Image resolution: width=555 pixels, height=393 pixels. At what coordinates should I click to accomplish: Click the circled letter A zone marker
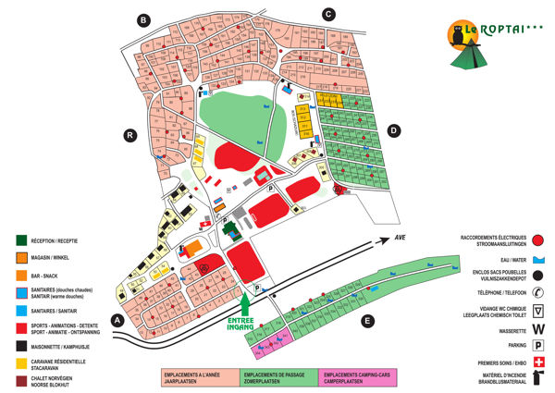click(x=117, y=320)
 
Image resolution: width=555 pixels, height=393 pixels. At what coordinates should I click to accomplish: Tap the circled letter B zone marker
click(x=142, y=19)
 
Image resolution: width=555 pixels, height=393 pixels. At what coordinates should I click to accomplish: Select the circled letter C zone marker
click(x=327, y=13)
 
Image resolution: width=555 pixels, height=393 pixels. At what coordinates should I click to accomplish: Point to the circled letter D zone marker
click(x=394, y=131)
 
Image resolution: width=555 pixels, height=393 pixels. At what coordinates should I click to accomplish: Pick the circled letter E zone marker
click(x=368, y=321)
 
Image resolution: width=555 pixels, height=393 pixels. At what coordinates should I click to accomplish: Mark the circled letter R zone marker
click(x=130, y=136)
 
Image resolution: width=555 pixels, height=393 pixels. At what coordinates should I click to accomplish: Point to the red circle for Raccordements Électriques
click(x=539, y=239)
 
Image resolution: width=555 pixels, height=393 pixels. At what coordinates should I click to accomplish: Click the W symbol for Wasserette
click(x=538, y=326)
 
